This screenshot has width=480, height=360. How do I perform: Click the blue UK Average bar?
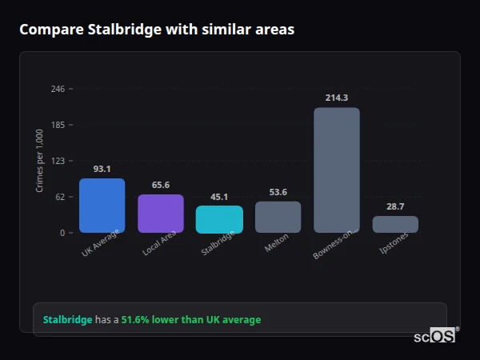[102, 206]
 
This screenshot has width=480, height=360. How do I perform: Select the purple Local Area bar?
[161, 214]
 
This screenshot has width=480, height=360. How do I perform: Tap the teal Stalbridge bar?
[219, 219]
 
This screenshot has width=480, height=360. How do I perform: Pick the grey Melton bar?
[278, 217]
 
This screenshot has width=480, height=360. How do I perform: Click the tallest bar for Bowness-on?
[336, 170]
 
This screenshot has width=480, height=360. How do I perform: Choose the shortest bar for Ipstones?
[395, 224]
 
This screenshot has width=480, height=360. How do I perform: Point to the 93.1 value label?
[102, 169]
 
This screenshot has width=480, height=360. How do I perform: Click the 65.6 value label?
[161, 185]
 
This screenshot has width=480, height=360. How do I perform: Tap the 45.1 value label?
[219, 197]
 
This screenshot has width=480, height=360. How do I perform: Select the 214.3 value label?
[336, 98]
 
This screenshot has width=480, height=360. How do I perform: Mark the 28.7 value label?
[395, 206]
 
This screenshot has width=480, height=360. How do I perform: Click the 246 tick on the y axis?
[58, 89]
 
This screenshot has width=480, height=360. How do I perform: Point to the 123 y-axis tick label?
[58, 161]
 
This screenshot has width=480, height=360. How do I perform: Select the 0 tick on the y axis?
[62, 233]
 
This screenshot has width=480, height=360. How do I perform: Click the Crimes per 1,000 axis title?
[39, 161]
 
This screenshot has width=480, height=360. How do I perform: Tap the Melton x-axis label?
[276, 244]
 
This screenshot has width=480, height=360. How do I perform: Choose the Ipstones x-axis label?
[393, 246]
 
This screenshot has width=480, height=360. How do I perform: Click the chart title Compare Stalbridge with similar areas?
[157, 30]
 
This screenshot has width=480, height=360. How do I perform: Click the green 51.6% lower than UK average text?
[190, 320]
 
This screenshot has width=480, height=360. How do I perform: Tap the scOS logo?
[435, 336]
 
